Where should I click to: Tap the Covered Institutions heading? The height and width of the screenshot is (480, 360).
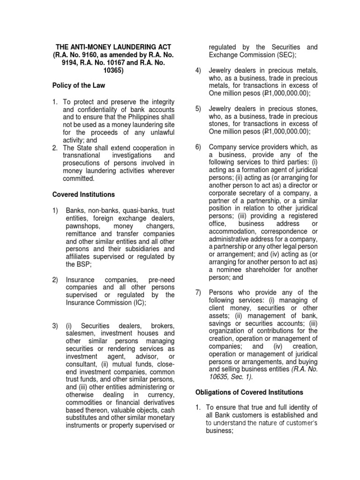[x=83, y=194]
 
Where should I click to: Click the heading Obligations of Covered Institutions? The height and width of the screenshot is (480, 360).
[x=249, y=392]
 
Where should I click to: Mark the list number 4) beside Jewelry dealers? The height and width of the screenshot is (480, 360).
[x=198, y=70]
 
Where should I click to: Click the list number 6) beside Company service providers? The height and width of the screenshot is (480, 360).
[x=198, y=147]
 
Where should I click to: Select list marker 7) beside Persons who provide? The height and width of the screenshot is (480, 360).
[x=198, y=292]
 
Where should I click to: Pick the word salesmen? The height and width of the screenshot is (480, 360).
[x=80, y=333]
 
